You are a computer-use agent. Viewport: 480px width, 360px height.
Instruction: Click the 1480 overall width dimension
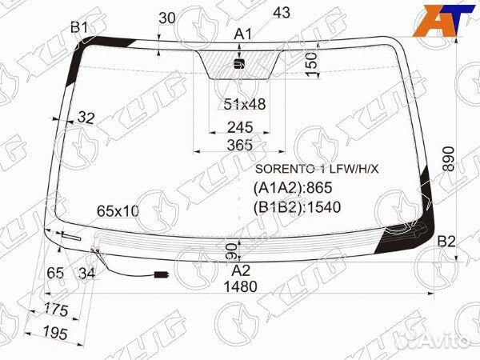240,287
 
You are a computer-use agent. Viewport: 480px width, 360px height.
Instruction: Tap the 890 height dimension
449,158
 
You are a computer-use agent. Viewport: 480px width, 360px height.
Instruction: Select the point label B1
79,27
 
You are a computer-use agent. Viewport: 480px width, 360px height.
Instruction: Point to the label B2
446,242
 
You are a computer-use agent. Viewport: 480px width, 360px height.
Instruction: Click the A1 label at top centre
242,34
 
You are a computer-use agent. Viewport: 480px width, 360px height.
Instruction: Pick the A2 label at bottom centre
241,270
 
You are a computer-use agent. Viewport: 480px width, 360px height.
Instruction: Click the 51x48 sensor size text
245,104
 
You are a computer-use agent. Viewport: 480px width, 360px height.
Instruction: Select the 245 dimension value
240,127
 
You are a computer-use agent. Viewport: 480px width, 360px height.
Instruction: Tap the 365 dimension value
240,145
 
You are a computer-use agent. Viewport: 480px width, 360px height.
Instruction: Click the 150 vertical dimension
311,65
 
